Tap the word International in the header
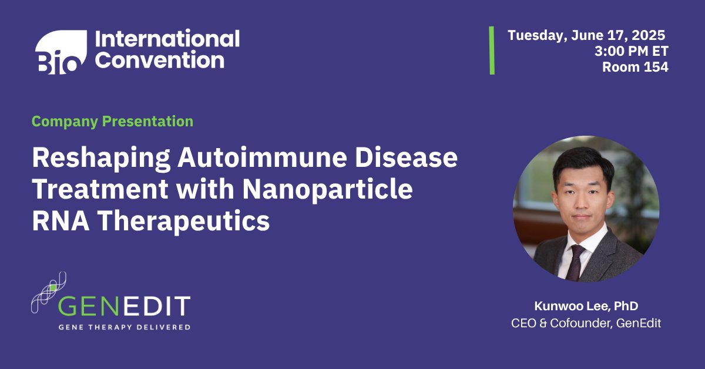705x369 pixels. [167, 39]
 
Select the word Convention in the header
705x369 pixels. [159, 61]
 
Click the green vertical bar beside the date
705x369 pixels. [492, 50]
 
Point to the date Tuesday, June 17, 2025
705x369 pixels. [586, 35]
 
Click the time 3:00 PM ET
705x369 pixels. [631, 51]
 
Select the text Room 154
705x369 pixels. [635, 67]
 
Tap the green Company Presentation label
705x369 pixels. [112, 122]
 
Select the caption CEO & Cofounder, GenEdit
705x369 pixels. [586, 323]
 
